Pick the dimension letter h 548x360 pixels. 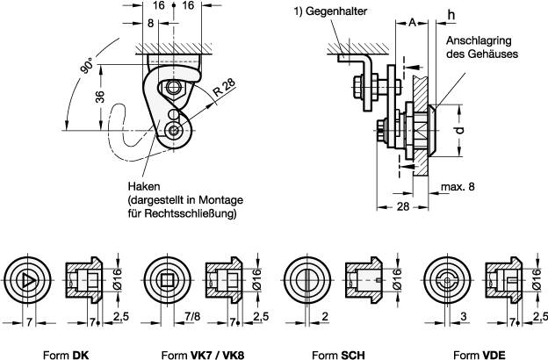pyautogui.click(x=451, y=15)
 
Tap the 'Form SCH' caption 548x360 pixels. pyautogui.click(x=339, y=353)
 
